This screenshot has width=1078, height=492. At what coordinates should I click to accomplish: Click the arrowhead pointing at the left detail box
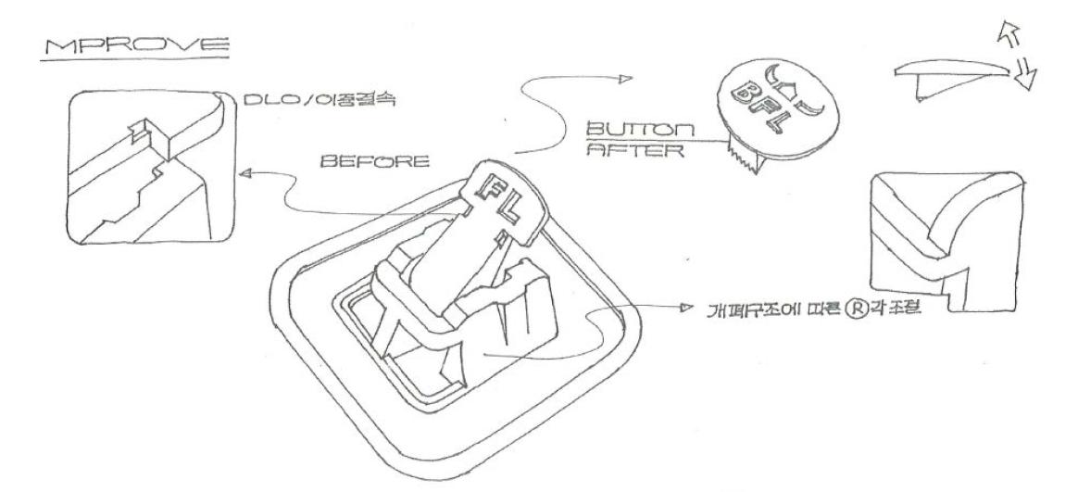243,173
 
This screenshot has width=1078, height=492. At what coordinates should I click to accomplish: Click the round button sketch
770,102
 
